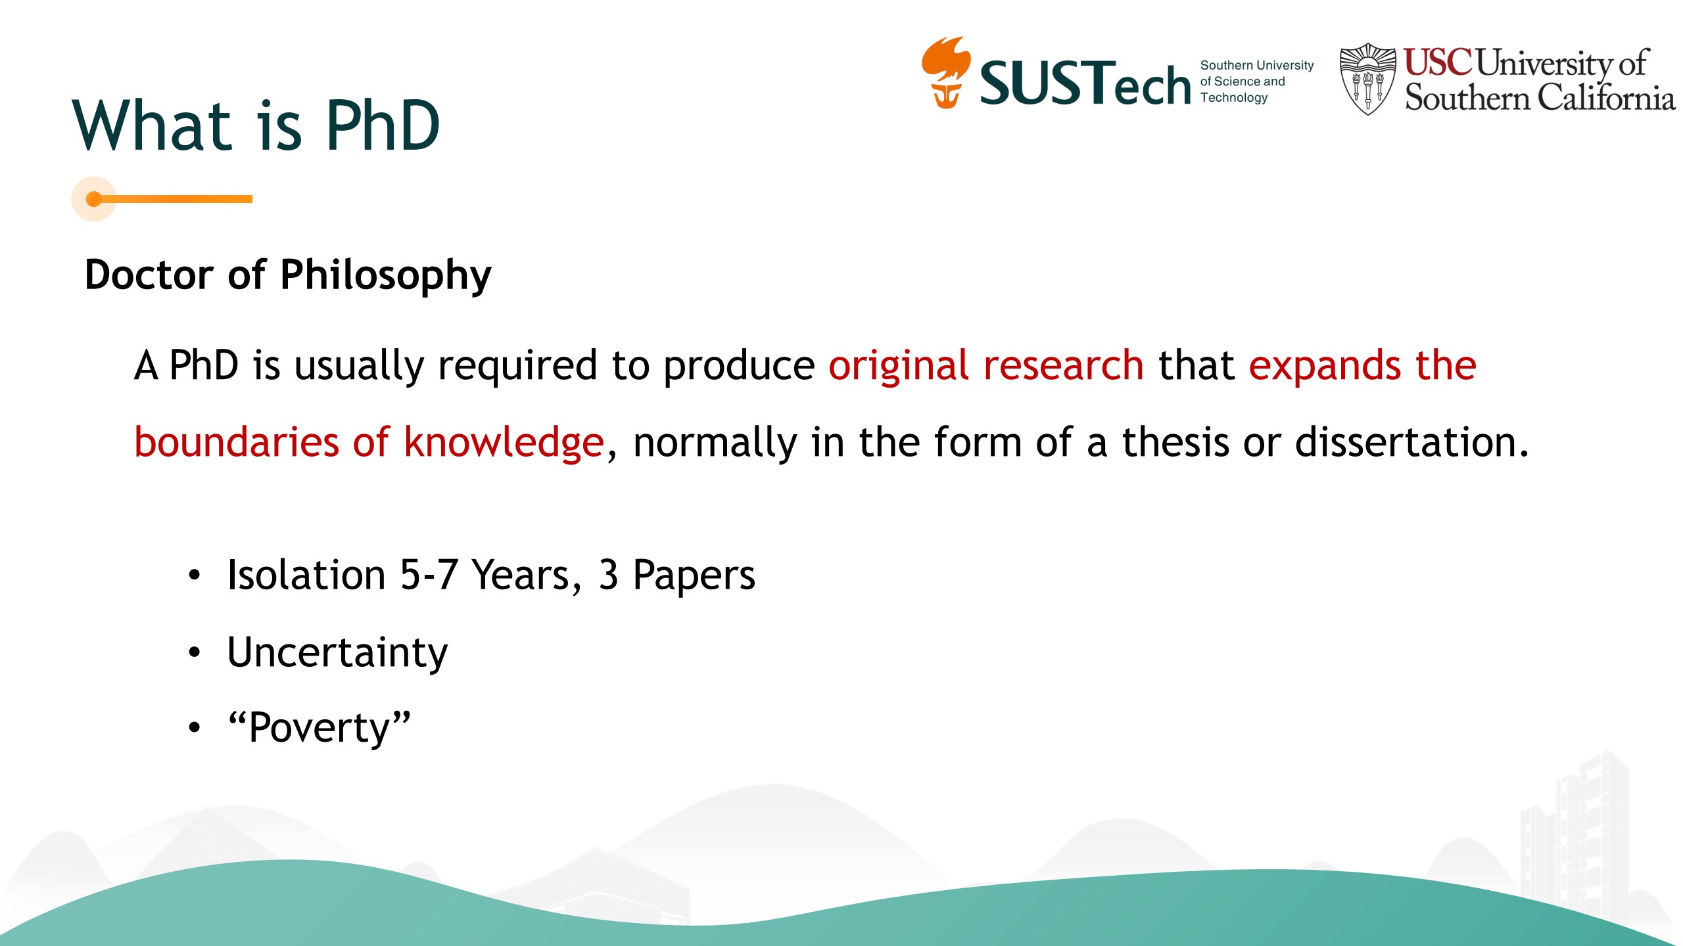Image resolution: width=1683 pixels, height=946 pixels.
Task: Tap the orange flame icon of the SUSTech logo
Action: point(946,72)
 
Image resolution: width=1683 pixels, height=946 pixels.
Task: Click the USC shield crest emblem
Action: point(1367,79)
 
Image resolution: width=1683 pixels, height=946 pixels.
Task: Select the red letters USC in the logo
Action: point(1438,62)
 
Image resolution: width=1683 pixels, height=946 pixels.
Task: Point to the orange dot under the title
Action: point(94,199)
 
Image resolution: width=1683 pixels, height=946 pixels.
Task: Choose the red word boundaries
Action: point(237,442)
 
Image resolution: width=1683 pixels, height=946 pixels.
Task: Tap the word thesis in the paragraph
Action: point(1175,442)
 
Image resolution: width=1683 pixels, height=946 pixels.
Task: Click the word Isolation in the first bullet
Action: point(306,575)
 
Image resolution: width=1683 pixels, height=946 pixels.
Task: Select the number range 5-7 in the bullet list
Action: point(429,575)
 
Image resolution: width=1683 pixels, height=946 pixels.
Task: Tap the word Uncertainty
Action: point(337,653)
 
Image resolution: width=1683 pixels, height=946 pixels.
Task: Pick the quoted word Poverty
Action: point(320,728)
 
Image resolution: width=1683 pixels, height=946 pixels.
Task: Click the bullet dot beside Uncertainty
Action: point(194,652)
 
